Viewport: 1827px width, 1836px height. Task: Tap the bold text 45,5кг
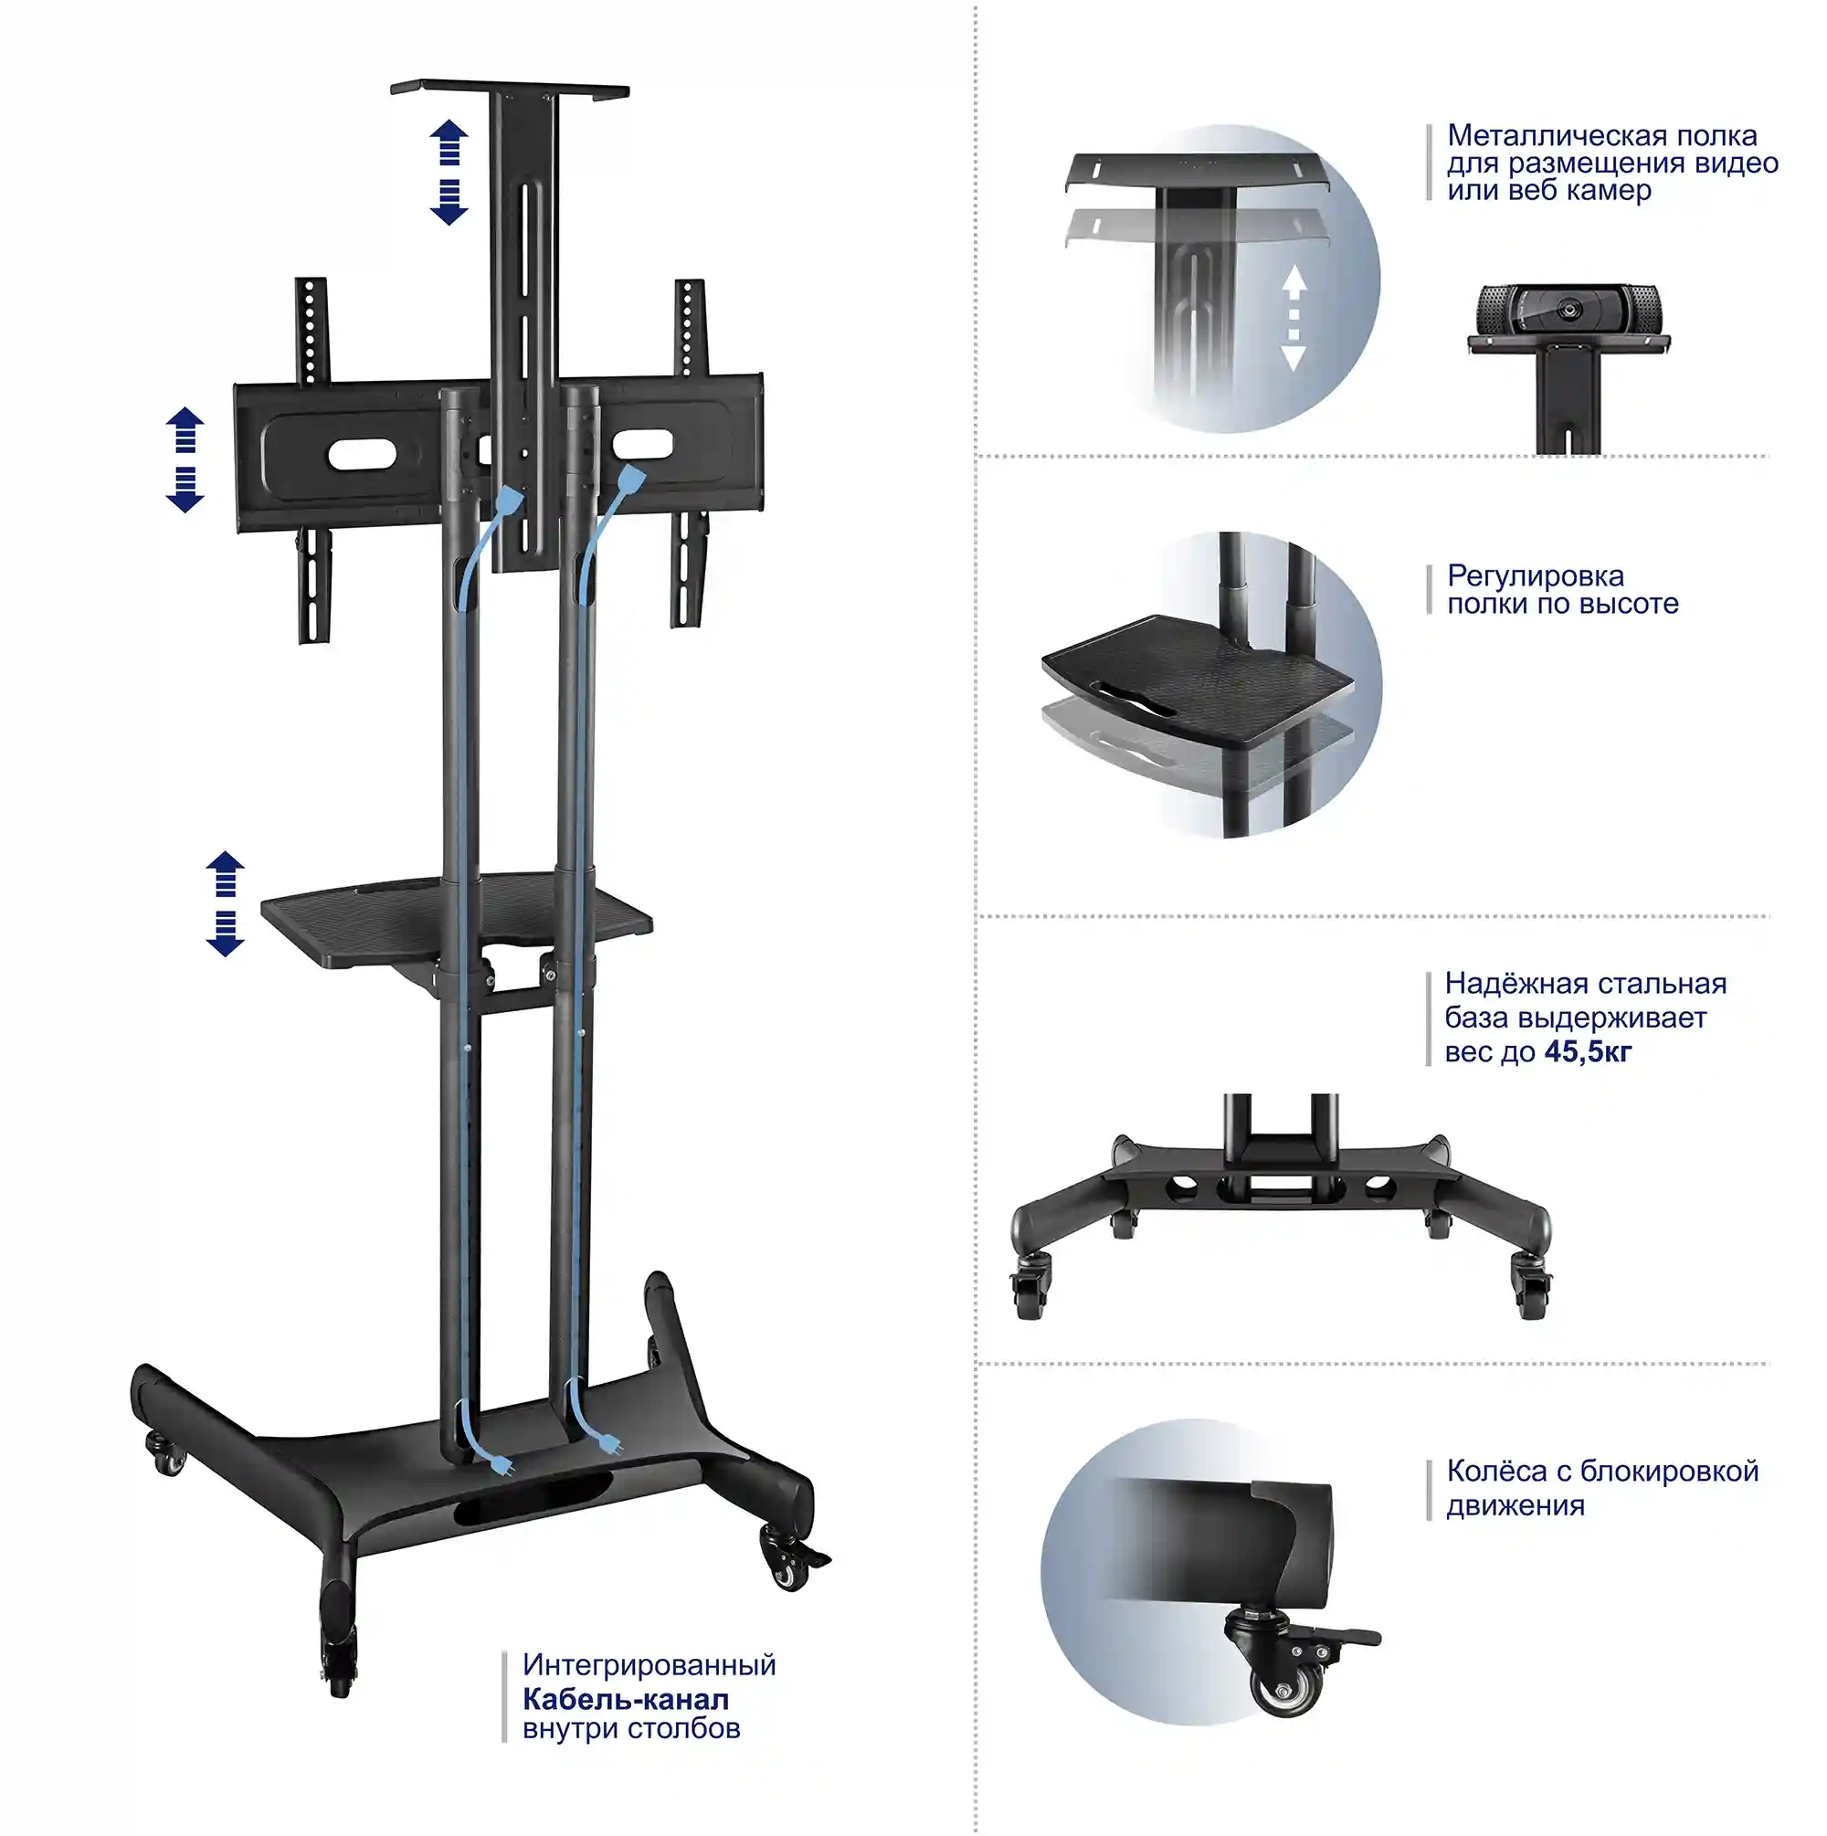tap(1588, 1051)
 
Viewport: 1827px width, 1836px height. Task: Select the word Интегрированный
tap(649, 1665)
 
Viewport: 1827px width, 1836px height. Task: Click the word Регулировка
tap(1536, 575)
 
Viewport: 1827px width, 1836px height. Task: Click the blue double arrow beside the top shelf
tap(449, 172)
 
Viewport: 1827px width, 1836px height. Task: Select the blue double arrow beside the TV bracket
tap(185, 460)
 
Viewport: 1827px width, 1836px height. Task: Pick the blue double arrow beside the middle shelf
tap(226, 902)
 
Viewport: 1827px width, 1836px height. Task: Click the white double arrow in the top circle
tap(1294, 317)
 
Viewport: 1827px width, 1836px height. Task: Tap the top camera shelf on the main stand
tap(510, 89)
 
